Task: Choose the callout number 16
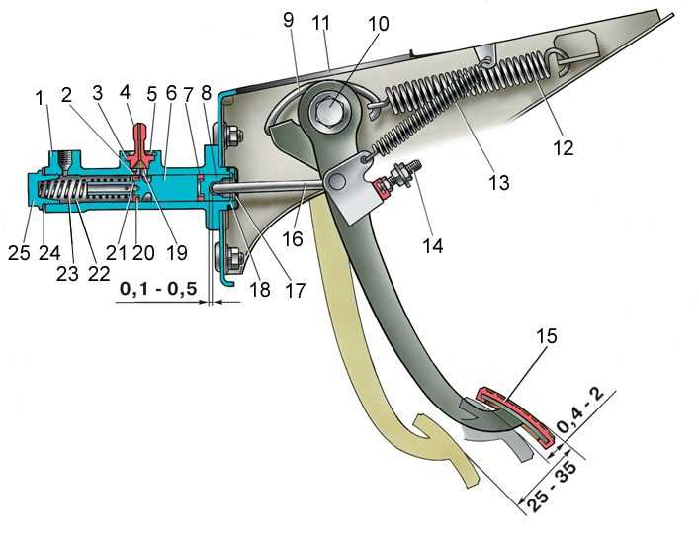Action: click(294, 239)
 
